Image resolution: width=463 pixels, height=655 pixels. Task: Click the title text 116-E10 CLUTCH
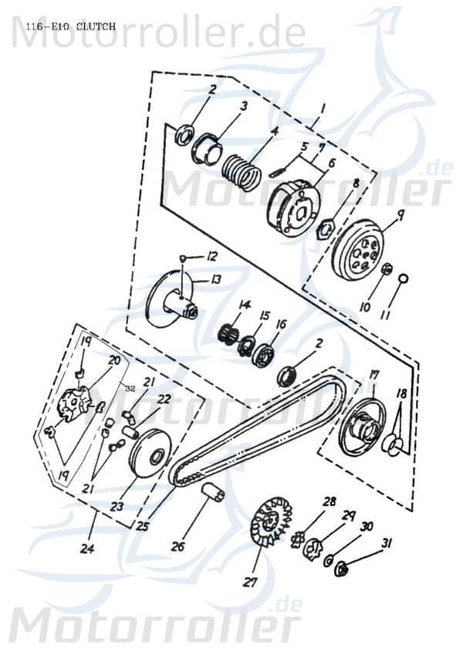coord(70,26)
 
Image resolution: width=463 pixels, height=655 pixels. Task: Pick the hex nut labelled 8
coord(326,228)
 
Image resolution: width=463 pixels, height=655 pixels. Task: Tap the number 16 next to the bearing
coord(280,324)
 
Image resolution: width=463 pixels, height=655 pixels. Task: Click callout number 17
coord(374,375)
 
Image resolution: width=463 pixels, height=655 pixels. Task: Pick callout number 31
coord(386,543)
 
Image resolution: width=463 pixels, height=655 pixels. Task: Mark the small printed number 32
coord(130,389)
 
